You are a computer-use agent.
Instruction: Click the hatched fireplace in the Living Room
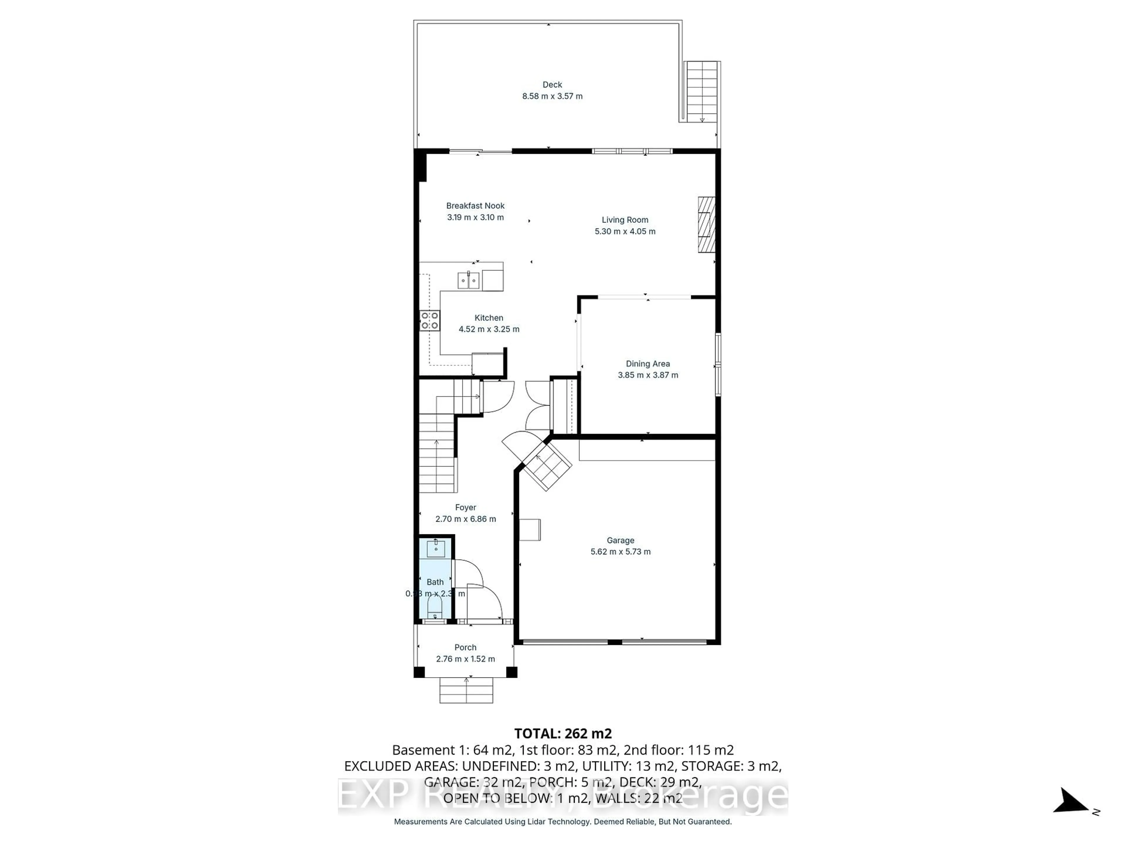pos(706,225)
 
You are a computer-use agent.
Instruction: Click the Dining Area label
pos(647,364)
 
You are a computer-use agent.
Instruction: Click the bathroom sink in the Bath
pos(436,549)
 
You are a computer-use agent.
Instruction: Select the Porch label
pos(465,647)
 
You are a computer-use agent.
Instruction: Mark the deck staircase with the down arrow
pos(702,92)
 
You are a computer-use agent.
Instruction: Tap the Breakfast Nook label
pos(475,206)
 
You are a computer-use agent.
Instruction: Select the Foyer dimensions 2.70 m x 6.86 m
pos(465,519)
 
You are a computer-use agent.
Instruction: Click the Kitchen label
pos(489,318)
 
